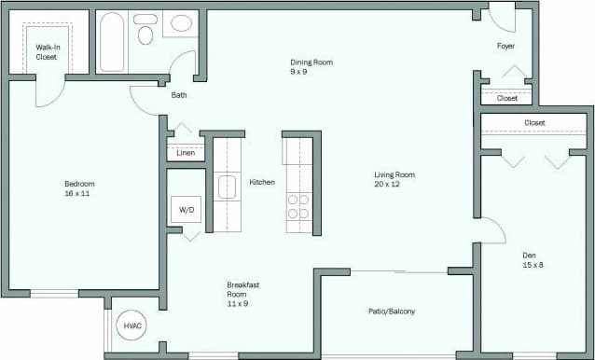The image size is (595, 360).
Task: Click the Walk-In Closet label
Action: coord(46,51)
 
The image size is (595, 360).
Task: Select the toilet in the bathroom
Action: coord(145,35)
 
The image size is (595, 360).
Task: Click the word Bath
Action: coord(180,95)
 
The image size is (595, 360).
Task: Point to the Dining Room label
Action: coord(311,66)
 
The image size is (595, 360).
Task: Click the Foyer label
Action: coord(506,46)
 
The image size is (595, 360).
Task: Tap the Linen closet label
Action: coord(186,153)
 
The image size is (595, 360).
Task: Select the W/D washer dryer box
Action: coord(187,211)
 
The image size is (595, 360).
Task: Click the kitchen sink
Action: coord(228,187)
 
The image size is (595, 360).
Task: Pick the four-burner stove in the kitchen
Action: coord(298,206)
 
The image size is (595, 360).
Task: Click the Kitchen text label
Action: coord(262,182)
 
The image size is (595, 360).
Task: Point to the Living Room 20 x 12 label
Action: coord(394,179)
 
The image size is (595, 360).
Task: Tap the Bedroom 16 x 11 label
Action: coord(79,188)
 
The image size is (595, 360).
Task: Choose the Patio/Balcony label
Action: coord(391,312)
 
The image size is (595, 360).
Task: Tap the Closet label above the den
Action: coord(534,123)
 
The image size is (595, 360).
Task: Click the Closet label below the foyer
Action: coord(507,98)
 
